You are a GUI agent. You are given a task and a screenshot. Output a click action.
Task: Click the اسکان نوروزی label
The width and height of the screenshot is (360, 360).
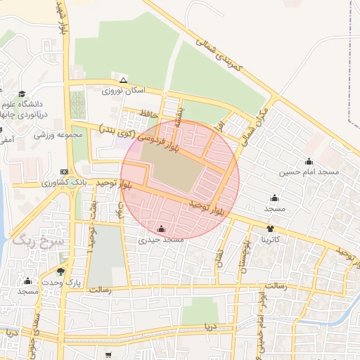pyautogui.click(x=123, y=91)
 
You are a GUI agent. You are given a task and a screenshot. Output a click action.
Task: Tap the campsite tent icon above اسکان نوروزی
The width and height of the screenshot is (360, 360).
pyautogui.click(x=124, y=80)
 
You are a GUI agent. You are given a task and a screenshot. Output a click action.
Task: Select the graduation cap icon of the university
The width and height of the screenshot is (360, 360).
pyautogui.click(x=22, y=94)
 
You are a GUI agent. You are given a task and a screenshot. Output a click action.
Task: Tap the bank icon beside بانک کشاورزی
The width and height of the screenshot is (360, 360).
pyautogui.click(x=65, y=172)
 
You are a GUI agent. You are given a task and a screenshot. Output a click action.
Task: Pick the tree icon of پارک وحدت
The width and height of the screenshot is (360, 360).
pyautogui.click(x=61, y=271)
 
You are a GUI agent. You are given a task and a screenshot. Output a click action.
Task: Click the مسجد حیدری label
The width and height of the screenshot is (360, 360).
pyautogui.click(x=162, y=240)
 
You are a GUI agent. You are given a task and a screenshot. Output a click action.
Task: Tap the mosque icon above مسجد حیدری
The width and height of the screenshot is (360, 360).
pyautogui.click(x=162, y=229)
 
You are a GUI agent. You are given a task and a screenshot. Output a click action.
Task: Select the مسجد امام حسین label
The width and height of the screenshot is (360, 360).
pyautogui.click(x=319, y=172)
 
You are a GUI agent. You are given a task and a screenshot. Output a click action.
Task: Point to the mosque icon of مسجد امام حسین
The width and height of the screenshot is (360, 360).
pyautogui.click(x=309, y=161)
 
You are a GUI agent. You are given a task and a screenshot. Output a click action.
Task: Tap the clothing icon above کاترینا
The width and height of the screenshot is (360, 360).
pyautogui.click(x=271, y=229)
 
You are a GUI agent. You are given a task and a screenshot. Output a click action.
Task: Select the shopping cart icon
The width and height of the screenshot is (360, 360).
pyautogui.click(x=108, y=356)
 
